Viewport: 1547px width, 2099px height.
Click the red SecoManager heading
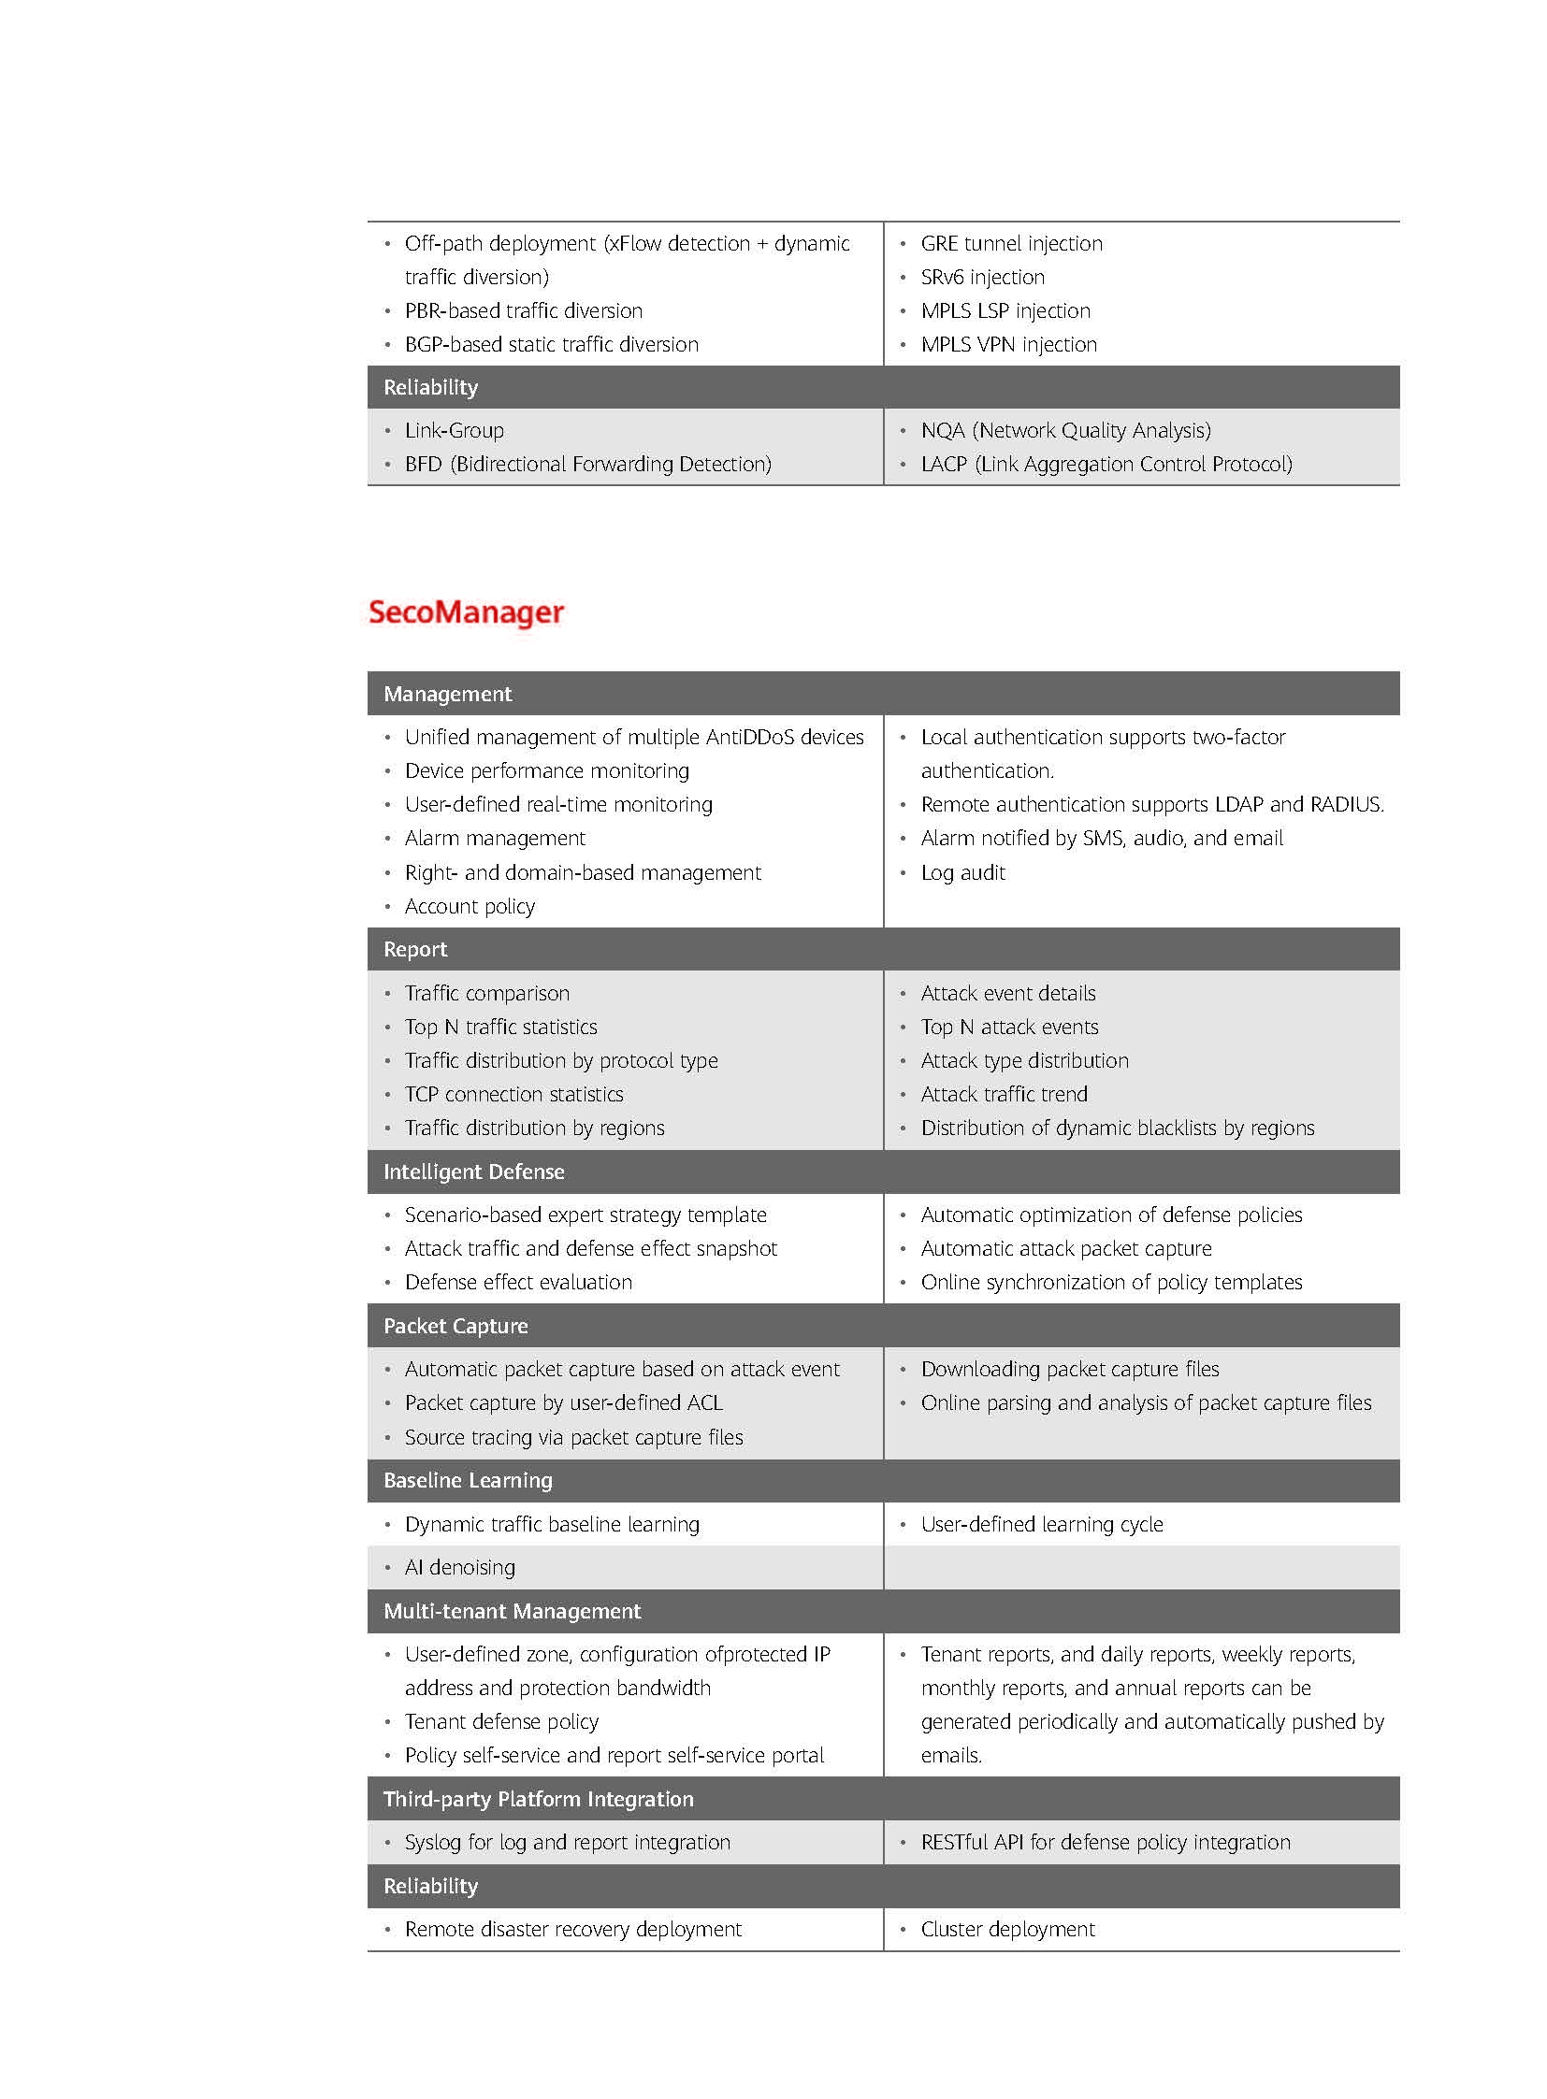point(466,612)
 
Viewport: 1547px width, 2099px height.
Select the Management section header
point(447,694)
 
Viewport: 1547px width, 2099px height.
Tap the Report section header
point(415,949)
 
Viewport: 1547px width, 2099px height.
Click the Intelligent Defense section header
point(473,1172)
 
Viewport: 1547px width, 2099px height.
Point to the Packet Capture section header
point(455,1326)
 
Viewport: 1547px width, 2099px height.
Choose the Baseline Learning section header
point(468,1480)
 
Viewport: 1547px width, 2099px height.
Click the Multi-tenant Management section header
point(512,1611)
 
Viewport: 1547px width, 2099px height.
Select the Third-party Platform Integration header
point(538,1799)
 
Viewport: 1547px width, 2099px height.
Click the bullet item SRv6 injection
point(982,277)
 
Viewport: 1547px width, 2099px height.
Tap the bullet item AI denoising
point(459,1567)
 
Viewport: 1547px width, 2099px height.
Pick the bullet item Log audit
point(962,872)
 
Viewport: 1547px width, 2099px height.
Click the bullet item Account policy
point(470,906)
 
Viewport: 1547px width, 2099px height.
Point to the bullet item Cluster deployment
point(1007,1929)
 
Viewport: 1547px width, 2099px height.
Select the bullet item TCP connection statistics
point(513,1095)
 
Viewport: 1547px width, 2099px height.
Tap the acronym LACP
point(943,465)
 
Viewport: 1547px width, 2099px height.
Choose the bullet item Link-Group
point(454,431)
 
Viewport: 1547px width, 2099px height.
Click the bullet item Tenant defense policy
point(501,1721)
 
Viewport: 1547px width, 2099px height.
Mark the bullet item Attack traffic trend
point(1004,1095)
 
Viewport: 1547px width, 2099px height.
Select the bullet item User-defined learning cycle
point(1041,1524)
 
